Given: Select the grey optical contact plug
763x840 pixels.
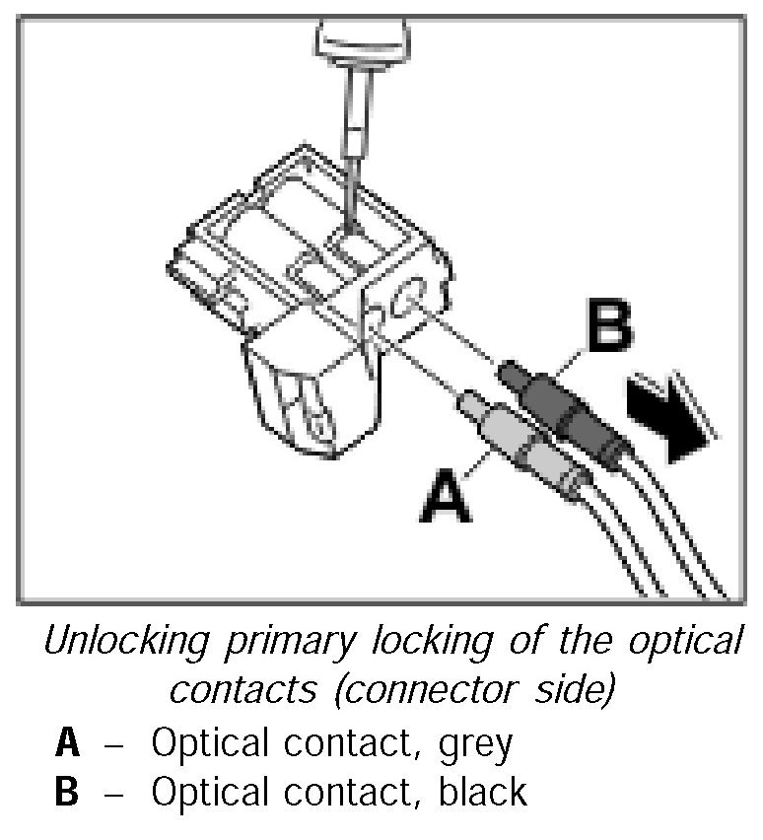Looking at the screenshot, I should (513, 440).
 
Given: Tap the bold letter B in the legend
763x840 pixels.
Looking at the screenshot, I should (67, 793).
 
